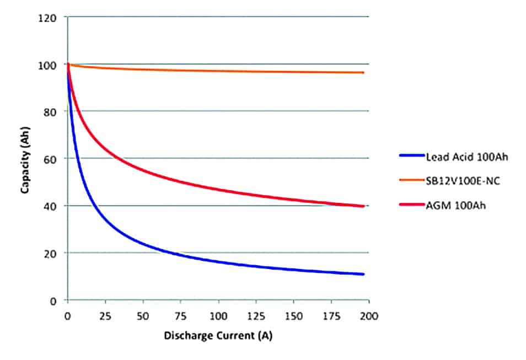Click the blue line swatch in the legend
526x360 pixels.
coord(411,156)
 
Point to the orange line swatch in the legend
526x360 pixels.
coord(411,181)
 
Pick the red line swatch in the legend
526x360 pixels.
coord(411,205)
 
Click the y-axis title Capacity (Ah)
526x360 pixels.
coord(25,159)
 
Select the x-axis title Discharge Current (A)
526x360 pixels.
coord(218,335)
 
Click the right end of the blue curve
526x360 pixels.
coord(363,274)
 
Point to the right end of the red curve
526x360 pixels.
coord(363,206)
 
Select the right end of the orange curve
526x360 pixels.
coord(363,72)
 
